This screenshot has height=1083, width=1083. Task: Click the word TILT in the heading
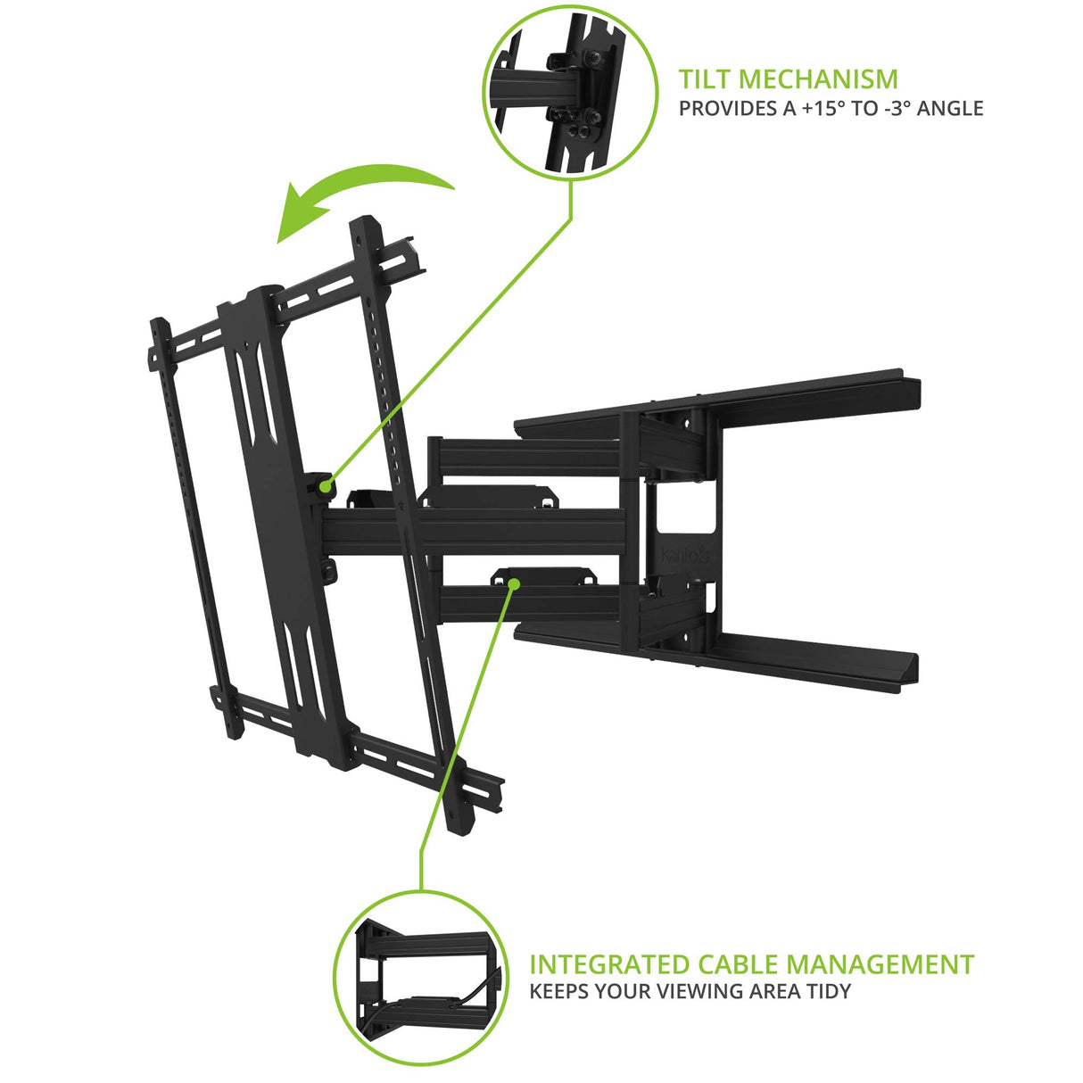[x=706, y=79]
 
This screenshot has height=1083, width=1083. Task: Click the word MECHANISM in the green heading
[x=819, y=79]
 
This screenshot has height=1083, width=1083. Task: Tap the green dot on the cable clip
[x=514, y=583]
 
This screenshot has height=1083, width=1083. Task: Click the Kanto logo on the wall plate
[x=684, y=556]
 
